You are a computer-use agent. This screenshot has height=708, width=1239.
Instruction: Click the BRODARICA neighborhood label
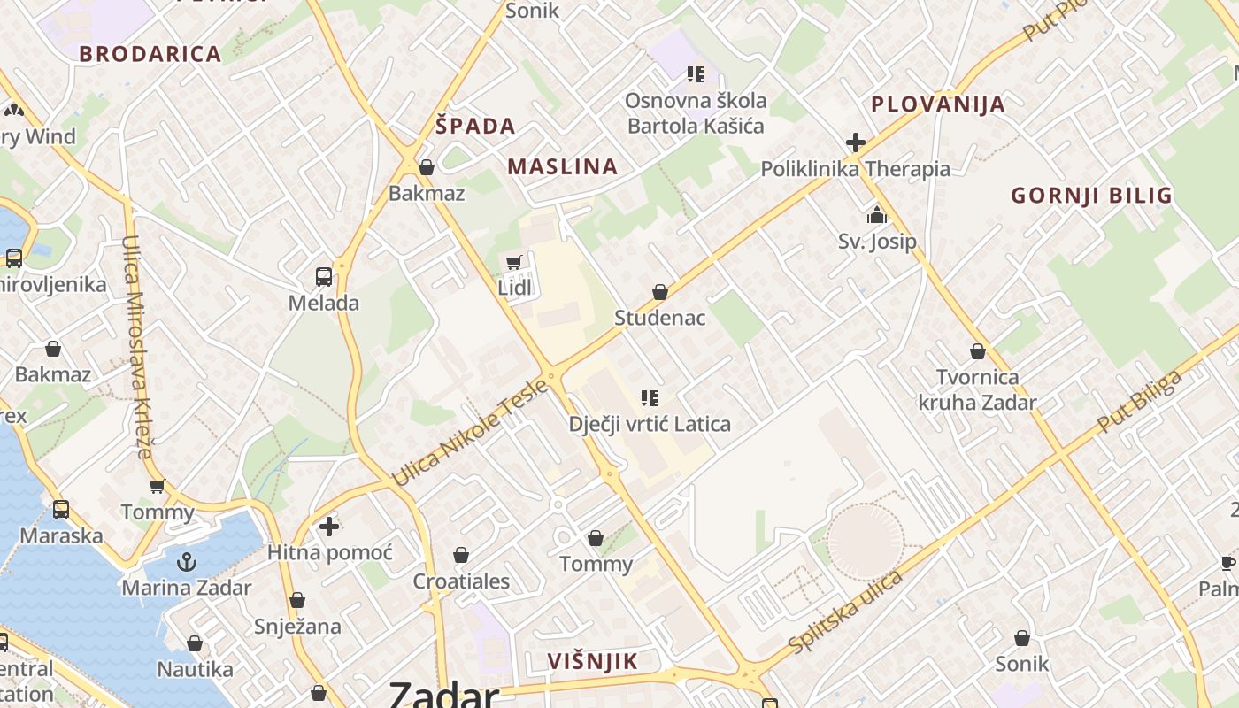tap(150, 54)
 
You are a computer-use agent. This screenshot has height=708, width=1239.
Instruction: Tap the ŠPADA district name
tap(475, 126)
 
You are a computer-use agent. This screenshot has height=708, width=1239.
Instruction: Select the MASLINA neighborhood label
tap(562, 166)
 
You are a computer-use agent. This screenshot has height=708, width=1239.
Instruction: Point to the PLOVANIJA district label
tap(938, 104)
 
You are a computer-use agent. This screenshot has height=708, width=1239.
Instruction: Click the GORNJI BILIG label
tap(1091, 196)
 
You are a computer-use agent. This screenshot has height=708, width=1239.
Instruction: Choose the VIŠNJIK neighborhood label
tap(592, 661)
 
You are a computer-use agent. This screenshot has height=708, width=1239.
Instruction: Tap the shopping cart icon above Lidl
tap(513, 262)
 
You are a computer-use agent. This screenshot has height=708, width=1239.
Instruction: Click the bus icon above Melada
tap(324, 277)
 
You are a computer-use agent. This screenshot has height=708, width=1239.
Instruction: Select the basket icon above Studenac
tap(659, 292)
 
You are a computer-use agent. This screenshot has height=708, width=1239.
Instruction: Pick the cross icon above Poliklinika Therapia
tap(855, 142)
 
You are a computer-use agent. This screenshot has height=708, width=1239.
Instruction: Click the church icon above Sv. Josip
tap(877, 215)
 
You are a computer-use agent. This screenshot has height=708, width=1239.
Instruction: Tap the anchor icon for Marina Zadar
tap(186, 562)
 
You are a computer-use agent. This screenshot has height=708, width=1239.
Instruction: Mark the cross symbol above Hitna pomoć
tap(329, 527)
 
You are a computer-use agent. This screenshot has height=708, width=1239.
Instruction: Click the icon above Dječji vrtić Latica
tap(650, 398)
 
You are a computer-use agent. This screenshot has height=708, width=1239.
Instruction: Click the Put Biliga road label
tap(1139, 403)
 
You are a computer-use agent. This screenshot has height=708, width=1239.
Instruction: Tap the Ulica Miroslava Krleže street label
tap(138, 346)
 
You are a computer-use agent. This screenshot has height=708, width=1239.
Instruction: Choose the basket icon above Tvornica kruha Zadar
tap(978, 352)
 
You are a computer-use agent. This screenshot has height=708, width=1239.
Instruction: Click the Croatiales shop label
tap(461, 581)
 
